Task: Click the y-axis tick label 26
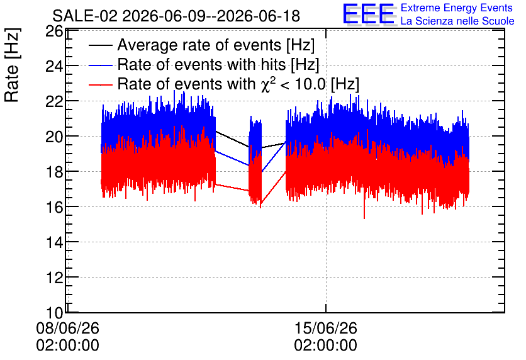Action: tap(54, 31)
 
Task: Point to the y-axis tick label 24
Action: tap(54, 67)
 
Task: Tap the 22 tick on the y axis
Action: tap(54, 101)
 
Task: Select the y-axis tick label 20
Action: tap(54, 137)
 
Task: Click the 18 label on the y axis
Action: tap(54, 172)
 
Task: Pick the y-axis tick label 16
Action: tap(54, 207)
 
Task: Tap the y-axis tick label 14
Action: tap(54, 242)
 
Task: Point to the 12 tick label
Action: tap(54, 278)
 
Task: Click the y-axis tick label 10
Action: tap(54, 313)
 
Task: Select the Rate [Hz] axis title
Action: tap(12, 65)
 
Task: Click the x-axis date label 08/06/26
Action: tap(68, 328)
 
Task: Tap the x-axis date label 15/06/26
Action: tap(326, 328)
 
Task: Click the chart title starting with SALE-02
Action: tap(176, 16)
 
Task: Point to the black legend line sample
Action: tap(100, 45)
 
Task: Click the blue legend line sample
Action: tap(100, 65)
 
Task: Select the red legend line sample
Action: tap(100, 84)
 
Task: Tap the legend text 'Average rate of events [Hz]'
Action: tap(216, 45)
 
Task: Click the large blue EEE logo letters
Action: tap(369, 14)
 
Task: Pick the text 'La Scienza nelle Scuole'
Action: tap(457, 21)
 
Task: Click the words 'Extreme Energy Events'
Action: tap(457, 8)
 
